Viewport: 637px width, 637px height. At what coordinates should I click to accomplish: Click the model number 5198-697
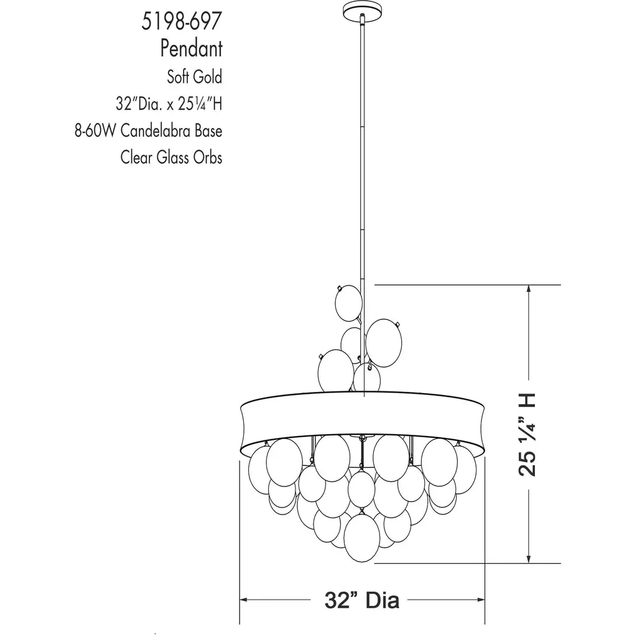coord(182,22)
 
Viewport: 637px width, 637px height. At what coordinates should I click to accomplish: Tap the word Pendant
coord(192,49)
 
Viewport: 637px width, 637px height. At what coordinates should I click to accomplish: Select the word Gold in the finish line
coord(208,77)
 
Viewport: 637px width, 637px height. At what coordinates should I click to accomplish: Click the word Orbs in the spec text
coord(208,157)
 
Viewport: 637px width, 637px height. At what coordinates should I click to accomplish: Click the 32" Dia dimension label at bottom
coord(361,600)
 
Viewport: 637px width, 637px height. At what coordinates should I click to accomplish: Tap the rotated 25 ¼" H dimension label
coord(528,435)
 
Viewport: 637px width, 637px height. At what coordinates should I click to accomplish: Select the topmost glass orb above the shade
coord(348,304)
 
